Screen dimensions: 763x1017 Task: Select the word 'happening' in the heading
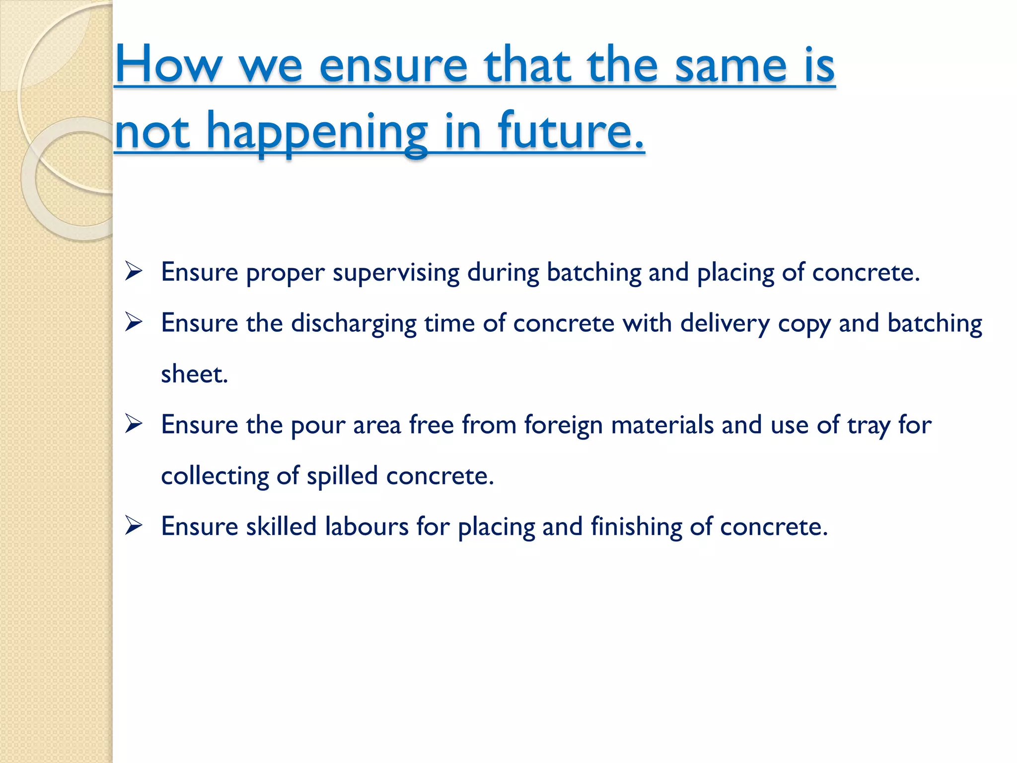[317, 132]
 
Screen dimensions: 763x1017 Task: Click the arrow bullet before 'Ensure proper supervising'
[134, 271]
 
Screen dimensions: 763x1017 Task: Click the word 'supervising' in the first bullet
[396, 273]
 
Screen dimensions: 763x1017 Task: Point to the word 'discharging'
[354, 324]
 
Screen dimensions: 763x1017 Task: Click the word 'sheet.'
[194, 374]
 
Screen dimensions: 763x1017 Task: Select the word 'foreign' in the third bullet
[563, 426]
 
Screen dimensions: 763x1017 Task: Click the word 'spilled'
[342, 476]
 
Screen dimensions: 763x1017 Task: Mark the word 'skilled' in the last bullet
[281, 527]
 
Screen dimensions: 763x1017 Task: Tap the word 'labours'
[366, 527]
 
